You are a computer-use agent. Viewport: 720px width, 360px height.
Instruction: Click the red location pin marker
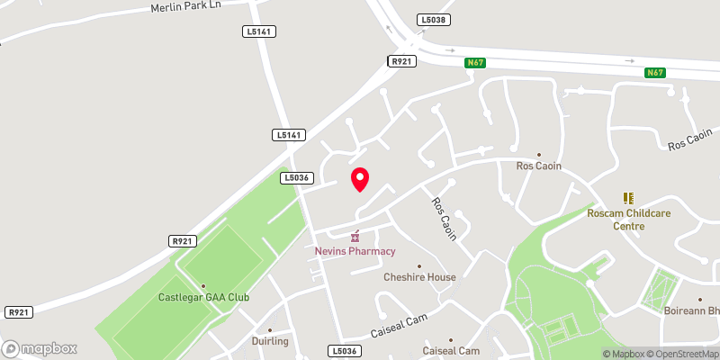tap(360, 179)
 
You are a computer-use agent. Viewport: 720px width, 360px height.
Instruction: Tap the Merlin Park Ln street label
tap(186, 7)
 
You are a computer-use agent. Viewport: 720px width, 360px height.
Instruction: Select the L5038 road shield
tap(433, 19)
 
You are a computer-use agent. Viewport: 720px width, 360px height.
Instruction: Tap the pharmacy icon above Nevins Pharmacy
tap(355, 236)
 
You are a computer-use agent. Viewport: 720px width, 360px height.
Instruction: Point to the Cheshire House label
tap(419, 277)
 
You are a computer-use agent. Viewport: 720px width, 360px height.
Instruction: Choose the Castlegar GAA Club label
tap(203, 297)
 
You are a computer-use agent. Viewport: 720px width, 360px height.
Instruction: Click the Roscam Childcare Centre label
tap(628, 220)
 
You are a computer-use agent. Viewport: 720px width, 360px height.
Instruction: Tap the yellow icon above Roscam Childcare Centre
tap(628, 198)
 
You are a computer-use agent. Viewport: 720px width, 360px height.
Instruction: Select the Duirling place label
tap(269, 342)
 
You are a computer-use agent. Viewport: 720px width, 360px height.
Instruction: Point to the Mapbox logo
tap(40, 348)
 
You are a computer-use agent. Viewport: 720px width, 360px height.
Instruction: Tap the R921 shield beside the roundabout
tap(400, 61)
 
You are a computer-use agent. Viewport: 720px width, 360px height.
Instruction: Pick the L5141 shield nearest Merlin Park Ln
tap(259, 31)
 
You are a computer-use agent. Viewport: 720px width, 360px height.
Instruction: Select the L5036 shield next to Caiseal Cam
tap(344, 350)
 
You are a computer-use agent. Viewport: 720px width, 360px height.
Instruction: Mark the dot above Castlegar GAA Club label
tap(203, 285)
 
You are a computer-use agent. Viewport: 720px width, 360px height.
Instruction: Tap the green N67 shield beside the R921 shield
tap(475, 63)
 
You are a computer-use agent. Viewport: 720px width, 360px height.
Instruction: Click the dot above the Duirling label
tap(269, 330)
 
